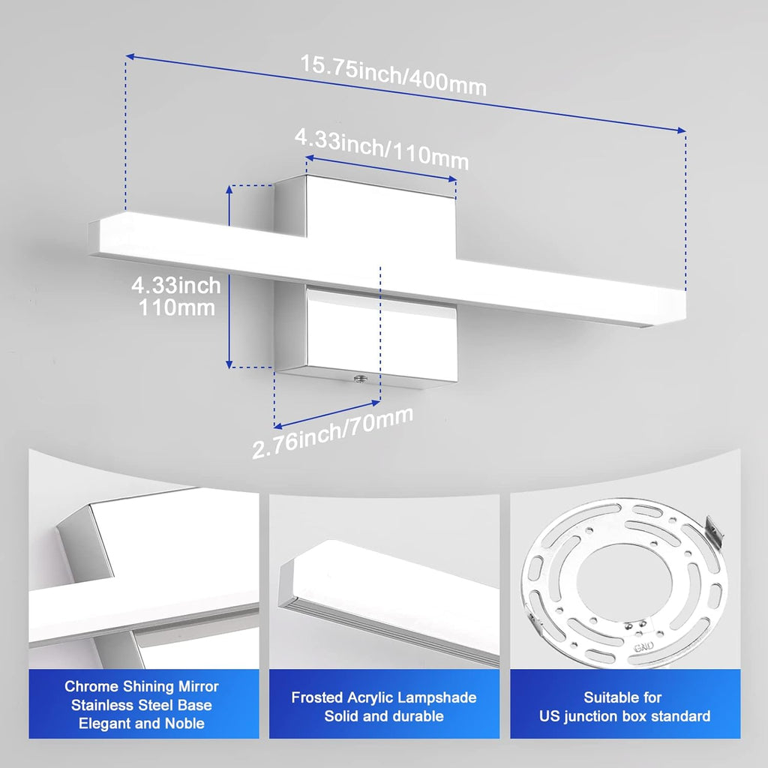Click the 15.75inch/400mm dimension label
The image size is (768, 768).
click(394, 75)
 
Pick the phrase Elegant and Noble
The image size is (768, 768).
click(142, 724)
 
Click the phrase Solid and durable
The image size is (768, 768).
click(383, 716)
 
